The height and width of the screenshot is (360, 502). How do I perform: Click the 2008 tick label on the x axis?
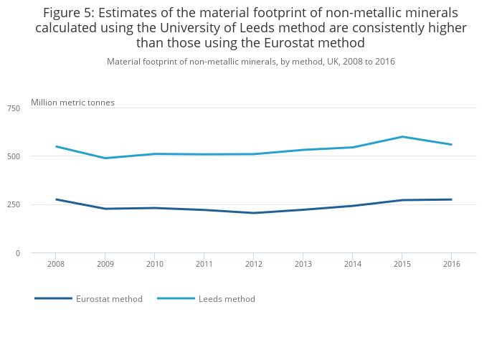click(56, 264)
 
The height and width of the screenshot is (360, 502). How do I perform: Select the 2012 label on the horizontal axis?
click(253, 264)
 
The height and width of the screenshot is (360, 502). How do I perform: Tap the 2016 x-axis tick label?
click(450, 264)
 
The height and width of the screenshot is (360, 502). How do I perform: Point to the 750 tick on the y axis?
click(14, 108)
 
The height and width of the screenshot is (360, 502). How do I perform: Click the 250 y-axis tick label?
click(14, 205)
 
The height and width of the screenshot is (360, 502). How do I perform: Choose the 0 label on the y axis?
click(17, 253)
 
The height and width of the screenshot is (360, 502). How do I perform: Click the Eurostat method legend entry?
click(109, 299)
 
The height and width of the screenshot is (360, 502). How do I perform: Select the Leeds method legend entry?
click(227, 299)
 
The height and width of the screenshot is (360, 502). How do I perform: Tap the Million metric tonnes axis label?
click(72, 103)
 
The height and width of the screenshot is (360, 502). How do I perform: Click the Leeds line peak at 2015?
click(402, 137)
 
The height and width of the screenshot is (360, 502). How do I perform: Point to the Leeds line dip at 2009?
click(105, 158)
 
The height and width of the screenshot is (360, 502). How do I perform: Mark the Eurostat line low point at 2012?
click(253, 213)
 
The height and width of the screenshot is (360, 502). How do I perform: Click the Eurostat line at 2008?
click(56, 199)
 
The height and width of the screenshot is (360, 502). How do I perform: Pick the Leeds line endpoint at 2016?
click(450, 144)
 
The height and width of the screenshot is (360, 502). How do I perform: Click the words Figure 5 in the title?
click(70, 13)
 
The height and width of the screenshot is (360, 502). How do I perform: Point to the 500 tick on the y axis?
click(14, 156)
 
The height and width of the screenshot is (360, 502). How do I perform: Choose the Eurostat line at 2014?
click(352, 206)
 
